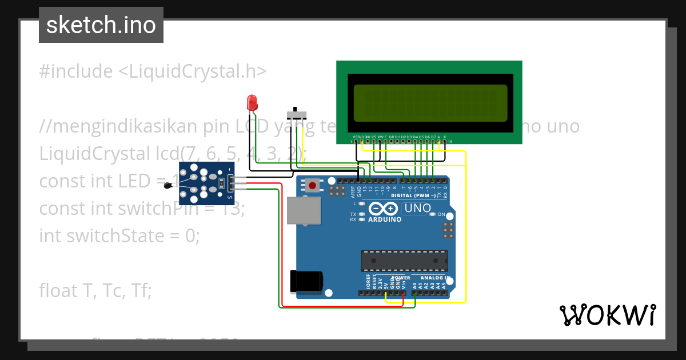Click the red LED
pyautogui.click(x=252, y=103)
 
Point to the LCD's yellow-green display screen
pyautogui.click(x=430, y=103)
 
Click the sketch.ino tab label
pyautogui.click(x=101, y=25)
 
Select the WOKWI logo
pyautogui.click(x=607, y=315)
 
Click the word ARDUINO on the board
pyautogui.click(x=385, y=219)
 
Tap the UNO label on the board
pyautogui.click(x=417, y=209)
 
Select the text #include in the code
pyautogui.click(x=76, y=71)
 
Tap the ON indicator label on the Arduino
pyautogui.click(x=441, y=215)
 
